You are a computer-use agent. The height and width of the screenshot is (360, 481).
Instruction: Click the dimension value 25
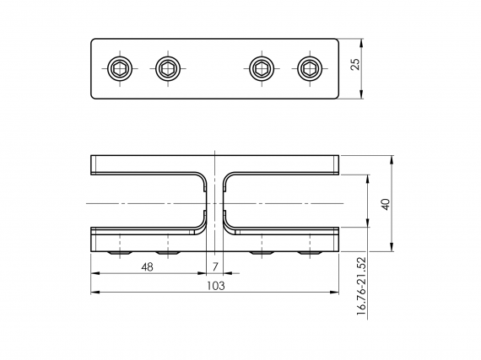(357, 64)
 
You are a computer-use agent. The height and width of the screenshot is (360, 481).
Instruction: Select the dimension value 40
(386, 204)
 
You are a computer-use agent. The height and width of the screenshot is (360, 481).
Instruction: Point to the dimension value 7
(215, 266)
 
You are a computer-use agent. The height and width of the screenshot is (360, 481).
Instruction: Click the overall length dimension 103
(215, 286)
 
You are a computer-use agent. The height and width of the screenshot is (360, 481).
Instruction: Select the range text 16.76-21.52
(360, 286)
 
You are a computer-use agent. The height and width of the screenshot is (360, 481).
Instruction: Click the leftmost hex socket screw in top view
(120, 67)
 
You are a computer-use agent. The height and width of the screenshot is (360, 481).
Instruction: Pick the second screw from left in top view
(168, 67)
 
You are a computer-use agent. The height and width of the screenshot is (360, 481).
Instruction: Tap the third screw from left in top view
(263, 67)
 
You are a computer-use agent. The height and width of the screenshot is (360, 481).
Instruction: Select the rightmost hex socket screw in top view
(311, 67)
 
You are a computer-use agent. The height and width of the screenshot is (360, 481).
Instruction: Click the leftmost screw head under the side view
(120, 251)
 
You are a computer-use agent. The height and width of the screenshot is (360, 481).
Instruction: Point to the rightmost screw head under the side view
(311, 251)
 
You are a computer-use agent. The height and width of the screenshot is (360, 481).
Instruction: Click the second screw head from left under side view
(168, 251)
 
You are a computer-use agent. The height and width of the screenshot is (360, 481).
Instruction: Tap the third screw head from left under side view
(263, 251)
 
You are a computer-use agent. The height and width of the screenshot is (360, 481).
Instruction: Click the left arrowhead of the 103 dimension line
(95, 293)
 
